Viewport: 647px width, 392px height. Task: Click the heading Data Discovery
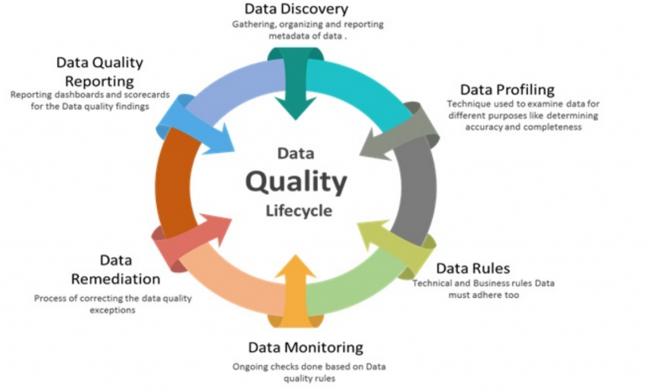(x=296, y=9)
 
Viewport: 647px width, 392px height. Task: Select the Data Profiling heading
(x=507, y=90)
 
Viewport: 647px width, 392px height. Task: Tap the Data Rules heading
(x=473, y=269)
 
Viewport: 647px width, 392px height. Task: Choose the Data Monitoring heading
(x=305, y=348)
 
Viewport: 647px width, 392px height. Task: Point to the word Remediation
(x=116, y=279)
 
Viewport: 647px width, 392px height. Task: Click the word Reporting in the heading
(x=99, y=82)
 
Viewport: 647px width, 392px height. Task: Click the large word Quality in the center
(x=296, y=181)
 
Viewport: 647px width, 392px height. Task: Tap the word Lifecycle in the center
(x=299, y=211)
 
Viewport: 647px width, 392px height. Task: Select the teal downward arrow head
(x=296, y=106)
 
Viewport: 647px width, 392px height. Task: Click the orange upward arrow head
(x=296, y=267)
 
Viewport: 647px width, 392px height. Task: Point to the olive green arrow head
(x=374, y=233)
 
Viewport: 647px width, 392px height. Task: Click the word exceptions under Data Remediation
(x=112, y=310)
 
